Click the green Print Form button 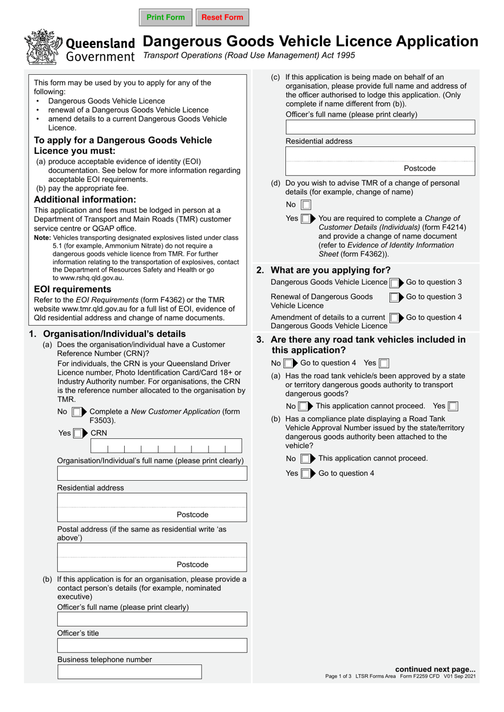click(166, 18)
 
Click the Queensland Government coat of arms click(43, 47)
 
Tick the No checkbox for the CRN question click(77, 412)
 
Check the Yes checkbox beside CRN click(78, 433)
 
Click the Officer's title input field click(152, 645)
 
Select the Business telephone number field click(129, 672)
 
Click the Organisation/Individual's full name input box click(152, 473)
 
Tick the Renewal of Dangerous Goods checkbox click(394, 297)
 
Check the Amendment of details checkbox click(394, 318)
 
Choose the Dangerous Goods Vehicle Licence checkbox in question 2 click(394, 283)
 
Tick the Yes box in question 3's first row click(384, 363)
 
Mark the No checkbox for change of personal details click(306, 205)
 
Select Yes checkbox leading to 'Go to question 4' click(306, 473)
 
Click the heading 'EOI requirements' click(73, 289)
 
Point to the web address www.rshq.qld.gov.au click(92, 277)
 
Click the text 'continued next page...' click(435, 669)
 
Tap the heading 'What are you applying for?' click(330, 270)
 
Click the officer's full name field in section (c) click(380, 127)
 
